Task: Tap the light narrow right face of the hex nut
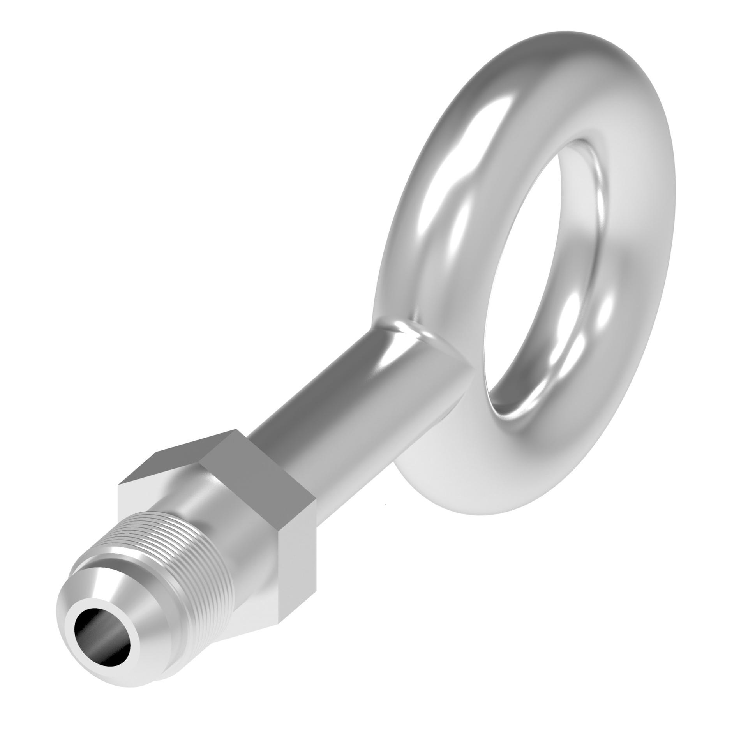coord(300,561)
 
